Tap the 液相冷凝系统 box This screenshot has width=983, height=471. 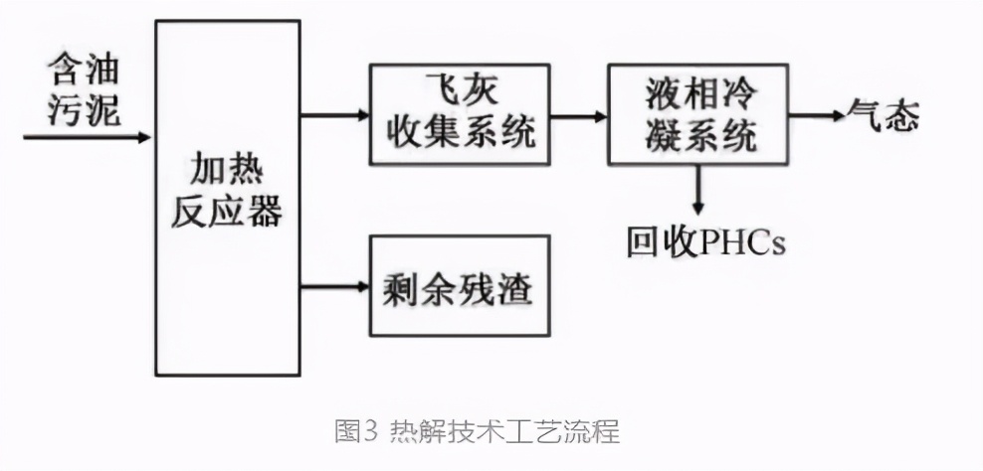[x=697, y=113]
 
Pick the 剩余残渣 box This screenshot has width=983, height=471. [x=459, y=287]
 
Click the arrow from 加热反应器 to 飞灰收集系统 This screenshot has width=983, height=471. [x=334, y=114]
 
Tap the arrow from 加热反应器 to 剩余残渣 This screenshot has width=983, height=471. [x=334, y=288]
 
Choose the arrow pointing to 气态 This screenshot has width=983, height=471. [x=815, y=115]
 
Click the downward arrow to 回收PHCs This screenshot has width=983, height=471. [x=697, y=190]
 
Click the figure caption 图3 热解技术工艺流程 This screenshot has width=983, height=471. [x=477, y=432]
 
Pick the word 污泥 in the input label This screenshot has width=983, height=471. [x=86, y=110]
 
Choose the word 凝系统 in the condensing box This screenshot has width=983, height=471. [x=698, y=134]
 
